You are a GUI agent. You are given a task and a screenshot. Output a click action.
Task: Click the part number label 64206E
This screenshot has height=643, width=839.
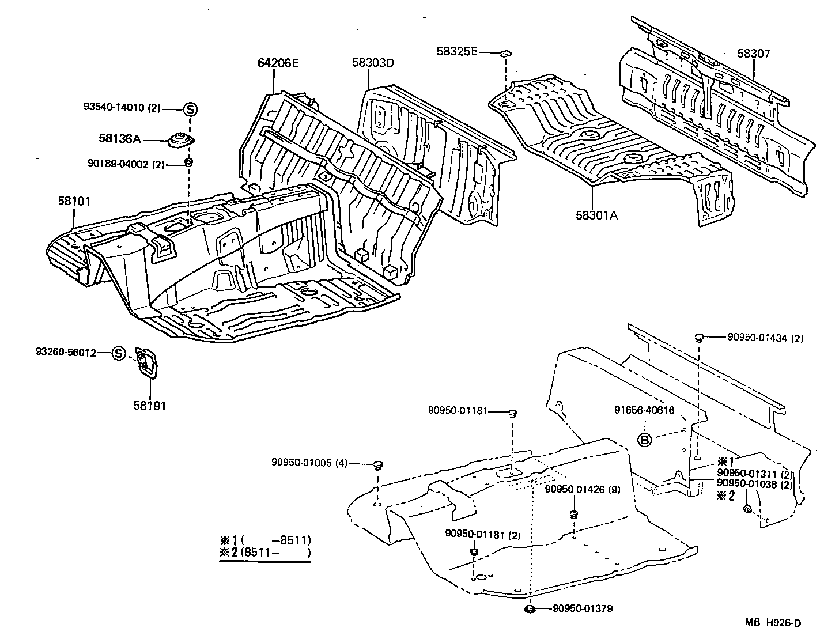tap(278, 63)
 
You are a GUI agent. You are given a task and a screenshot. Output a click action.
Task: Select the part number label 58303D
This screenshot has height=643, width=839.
tap(373, 63)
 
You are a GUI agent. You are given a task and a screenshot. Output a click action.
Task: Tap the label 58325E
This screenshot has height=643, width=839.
tap(457, 51)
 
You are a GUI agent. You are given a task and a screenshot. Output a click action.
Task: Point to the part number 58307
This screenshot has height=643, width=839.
tap(753, 54)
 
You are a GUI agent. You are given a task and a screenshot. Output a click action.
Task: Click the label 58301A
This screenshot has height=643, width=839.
tap(596, 215)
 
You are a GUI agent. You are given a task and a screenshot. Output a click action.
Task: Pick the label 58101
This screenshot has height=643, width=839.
tap(74, 201)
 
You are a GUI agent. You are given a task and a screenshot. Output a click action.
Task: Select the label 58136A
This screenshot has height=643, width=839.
tap(119, 139)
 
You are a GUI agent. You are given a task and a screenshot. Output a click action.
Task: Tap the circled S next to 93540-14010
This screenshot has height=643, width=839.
tap(190, 108)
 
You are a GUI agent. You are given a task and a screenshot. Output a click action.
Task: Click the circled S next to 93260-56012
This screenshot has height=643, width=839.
tap(118, 353)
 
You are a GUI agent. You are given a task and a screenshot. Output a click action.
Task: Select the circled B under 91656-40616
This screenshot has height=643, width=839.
tap(645, 440)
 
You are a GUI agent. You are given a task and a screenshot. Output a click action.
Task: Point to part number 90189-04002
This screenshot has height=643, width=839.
tap(120, 164)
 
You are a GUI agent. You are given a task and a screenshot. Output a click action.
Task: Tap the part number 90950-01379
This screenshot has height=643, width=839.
tap(583, 609)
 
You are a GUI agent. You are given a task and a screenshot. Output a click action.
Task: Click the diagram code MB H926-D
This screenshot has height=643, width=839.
tap(772, 622)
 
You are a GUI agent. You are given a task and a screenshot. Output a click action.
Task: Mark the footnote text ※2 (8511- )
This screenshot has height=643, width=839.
tap(265, 553)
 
